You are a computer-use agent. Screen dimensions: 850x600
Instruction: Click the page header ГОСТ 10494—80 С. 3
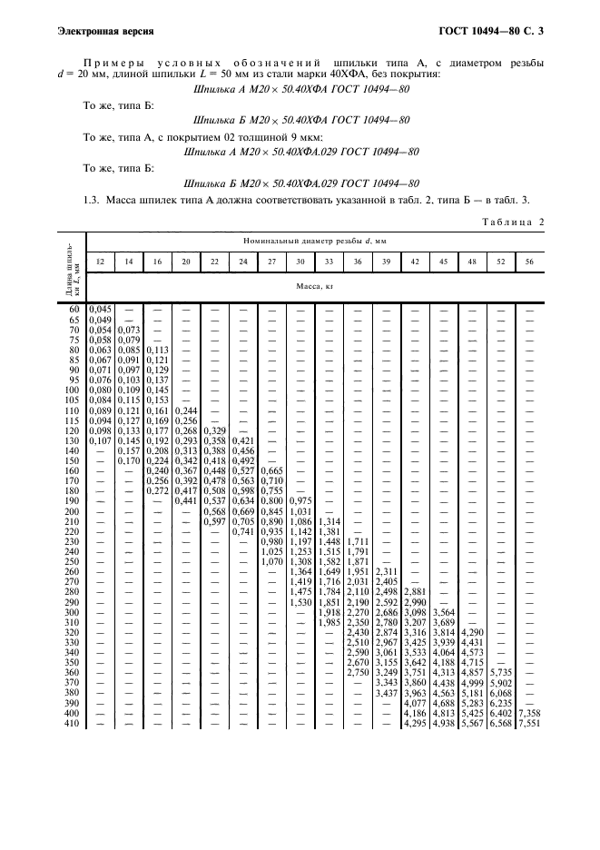[x=491, y=32]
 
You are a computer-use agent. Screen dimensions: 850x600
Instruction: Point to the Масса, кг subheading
[x=314, y=284]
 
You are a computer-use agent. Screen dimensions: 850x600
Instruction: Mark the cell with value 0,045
[x=101, y=310]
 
